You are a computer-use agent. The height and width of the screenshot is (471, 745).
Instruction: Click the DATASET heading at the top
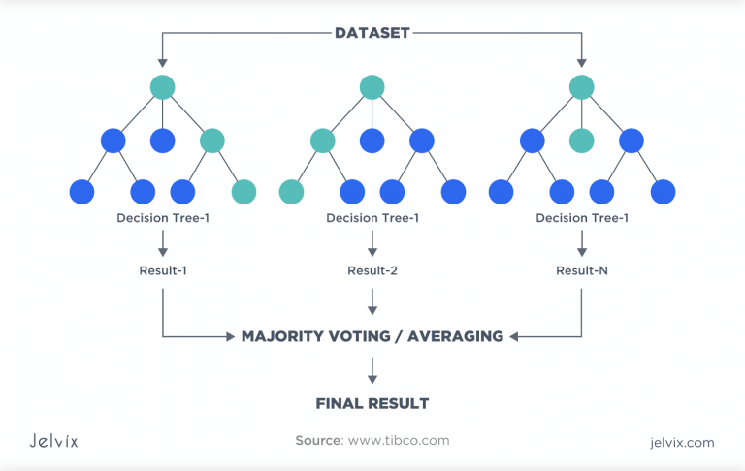[372, 33]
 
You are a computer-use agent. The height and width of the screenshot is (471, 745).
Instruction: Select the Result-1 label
[163, 270]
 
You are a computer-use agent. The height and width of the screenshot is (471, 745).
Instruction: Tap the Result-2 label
[372, 270]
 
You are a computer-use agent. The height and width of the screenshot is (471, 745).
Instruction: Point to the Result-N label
[582, 270]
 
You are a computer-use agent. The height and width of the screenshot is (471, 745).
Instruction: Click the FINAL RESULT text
[372, 402]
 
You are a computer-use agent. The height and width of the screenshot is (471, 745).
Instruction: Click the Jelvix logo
[53, 441]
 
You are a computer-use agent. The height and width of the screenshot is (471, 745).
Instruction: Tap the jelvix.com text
[682, 442]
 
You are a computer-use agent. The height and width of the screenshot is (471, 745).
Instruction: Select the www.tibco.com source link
[399, 441]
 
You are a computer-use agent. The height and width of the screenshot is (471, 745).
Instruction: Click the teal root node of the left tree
[163, 88]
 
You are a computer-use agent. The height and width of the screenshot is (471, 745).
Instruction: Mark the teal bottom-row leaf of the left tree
[243, 192]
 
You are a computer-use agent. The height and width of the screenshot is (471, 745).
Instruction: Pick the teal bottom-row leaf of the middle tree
[291, 192]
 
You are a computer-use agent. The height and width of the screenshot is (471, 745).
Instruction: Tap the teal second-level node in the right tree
[582, 141]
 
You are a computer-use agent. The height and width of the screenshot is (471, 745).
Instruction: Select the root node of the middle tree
[372, 88]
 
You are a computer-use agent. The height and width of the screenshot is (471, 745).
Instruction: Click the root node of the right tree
[582, 88]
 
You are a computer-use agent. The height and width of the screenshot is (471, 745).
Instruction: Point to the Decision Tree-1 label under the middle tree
[372, 218]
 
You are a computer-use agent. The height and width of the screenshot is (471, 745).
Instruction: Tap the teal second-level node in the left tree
[212, 141]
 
